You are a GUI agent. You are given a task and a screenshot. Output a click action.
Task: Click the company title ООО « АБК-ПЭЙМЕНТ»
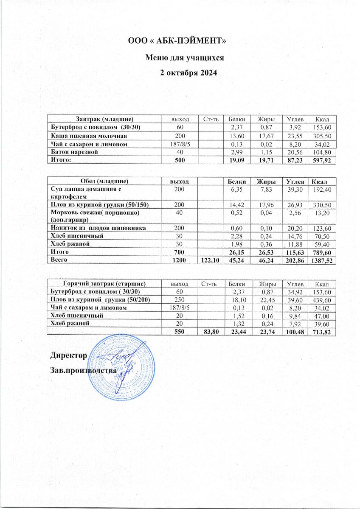tap(180, 41)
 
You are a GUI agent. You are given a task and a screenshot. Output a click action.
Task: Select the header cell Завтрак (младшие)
tap(105, 119)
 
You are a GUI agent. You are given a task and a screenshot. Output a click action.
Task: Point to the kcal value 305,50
tap(325, 136)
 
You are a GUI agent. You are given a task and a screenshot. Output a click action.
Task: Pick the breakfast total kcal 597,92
tap(325, 160)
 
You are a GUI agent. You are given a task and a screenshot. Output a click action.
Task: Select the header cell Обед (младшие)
tap(105, 181)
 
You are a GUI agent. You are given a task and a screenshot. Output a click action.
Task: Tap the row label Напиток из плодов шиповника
tap(99, 228)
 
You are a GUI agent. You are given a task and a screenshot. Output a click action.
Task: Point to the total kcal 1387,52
tap(323, 260)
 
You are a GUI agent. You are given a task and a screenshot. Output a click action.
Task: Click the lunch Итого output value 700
tap(180, 252)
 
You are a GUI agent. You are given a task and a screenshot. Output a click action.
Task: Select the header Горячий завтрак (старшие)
tap(105, 283)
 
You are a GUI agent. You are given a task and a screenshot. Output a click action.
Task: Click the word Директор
tap(69, 355)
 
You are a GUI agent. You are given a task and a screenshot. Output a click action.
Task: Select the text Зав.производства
tap(83, 370)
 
